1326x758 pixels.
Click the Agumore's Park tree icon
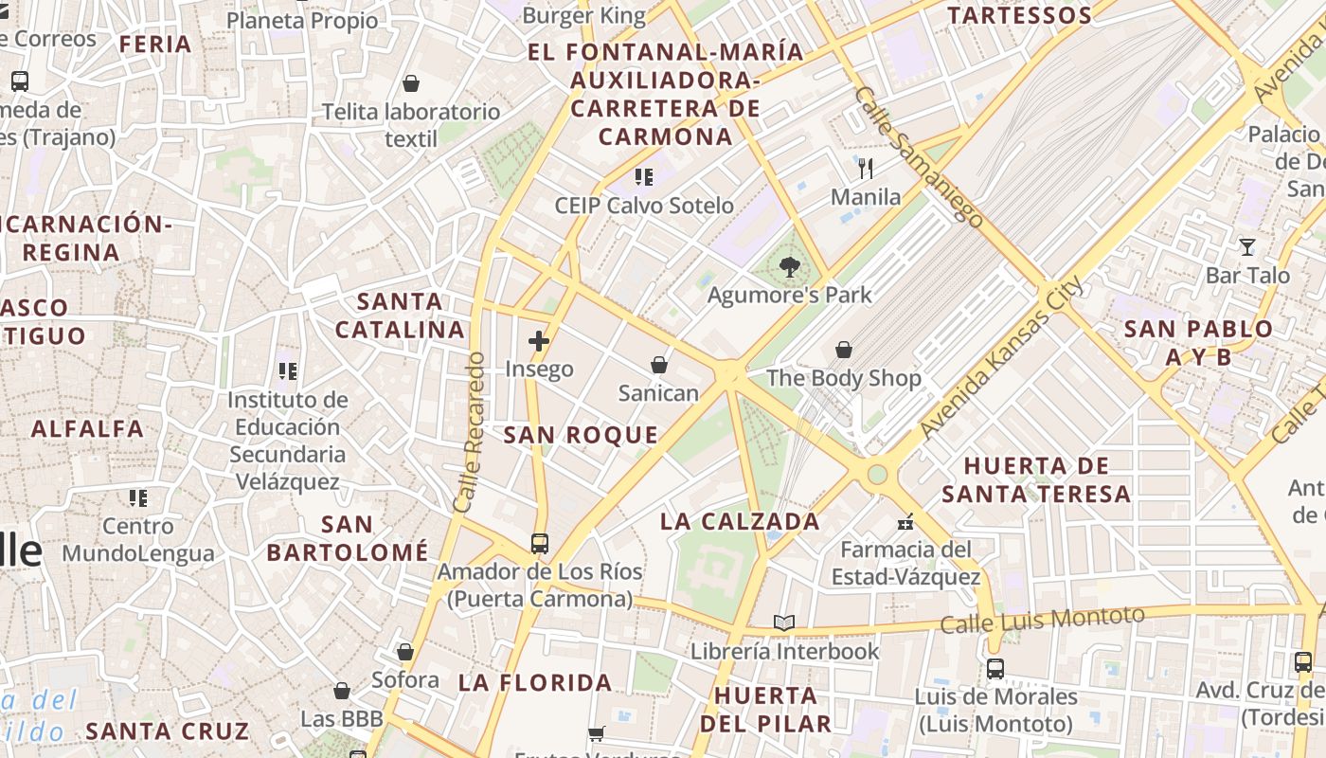pos(789,268)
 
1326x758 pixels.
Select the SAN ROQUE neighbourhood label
pos(581,436)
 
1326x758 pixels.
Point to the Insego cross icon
pos(539,341)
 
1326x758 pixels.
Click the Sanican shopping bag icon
pos(659,365)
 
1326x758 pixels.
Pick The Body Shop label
pos(843,379)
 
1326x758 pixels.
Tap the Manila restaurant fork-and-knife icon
pos(866,170)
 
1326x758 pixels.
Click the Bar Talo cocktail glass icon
pos(1247,247)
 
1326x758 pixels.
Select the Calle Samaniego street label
pos(918,156)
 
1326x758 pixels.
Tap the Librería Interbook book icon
pos(784,623)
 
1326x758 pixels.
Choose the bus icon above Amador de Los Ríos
pos(539,544)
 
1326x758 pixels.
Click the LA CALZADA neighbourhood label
pos(740,521)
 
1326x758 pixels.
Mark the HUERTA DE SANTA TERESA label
pos(1036,480)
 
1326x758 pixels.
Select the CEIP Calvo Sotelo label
pos(644,206)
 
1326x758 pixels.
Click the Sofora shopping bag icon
pos(405,652)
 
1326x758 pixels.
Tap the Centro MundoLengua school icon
pos(138,497)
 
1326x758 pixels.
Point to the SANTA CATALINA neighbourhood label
pos(401,316)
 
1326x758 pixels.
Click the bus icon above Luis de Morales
pos(995,669)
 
